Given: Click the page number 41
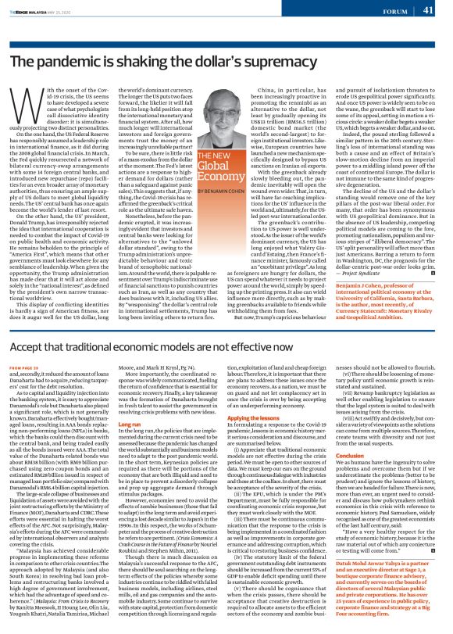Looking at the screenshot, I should (x=428, y=10).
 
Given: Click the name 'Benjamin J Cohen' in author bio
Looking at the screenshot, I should (x=367, y=267).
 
